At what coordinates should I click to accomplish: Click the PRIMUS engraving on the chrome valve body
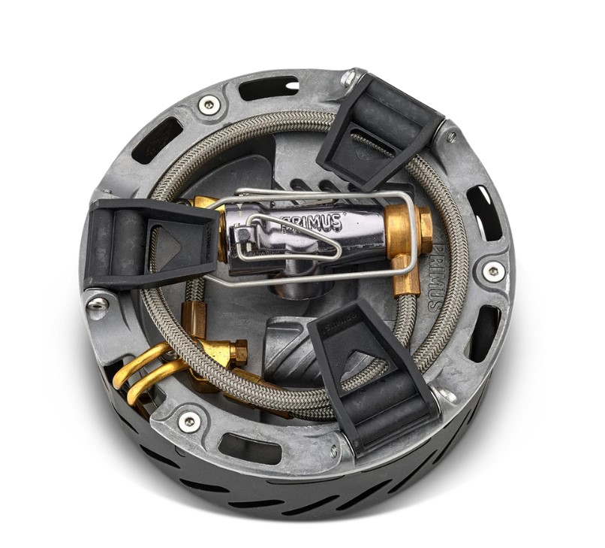tap(312, 223)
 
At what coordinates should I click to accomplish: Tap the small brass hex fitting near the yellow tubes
tap(238, 351)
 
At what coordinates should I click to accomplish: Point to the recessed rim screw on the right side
tap(493, 271)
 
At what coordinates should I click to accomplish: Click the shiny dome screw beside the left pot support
tap(98, 304)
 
